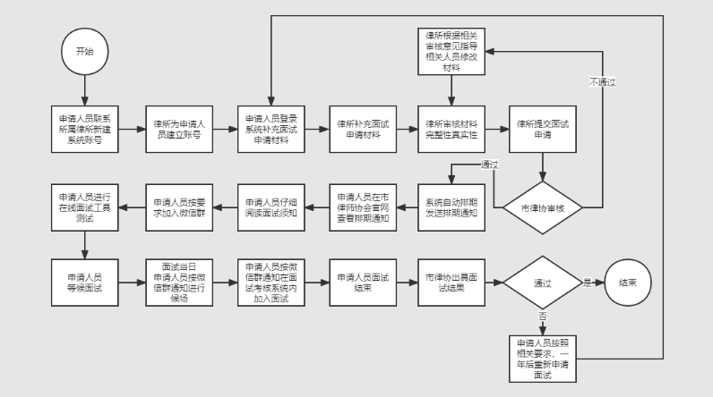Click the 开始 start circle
[x=84, y=53]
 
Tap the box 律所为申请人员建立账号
[x=177, y=129]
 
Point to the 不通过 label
[x=602, y=81]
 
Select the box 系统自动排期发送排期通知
[x=451, y=207]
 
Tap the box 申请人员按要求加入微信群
[x=177, y=207]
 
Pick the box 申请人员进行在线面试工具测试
[x=84, y=207]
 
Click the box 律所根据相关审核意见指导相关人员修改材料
[x=451, y=54]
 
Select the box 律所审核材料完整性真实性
[x=451, y=129]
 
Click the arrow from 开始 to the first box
[x=84, y=89]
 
